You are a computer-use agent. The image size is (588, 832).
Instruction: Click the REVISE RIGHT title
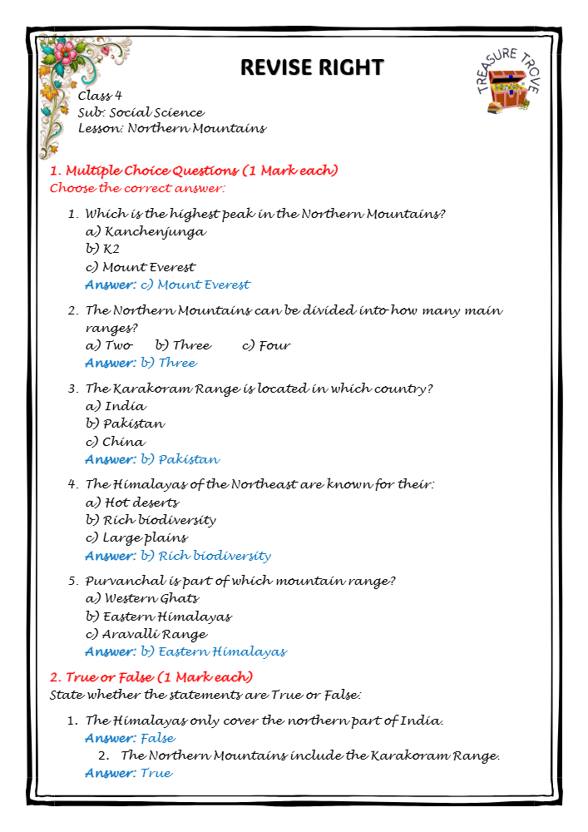pyautogui.click(x=312, y=67)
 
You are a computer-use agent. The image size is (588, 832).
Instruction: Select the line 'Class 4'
pyautogui.click(x=100, y=96)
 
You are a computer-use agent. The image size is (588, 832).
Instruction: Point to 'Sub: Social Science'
pyautogui.click(x=141, y=112)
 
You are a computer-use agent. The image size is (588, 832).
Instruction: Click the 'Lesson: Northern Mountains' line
pyautogui.click(x=172, y=129)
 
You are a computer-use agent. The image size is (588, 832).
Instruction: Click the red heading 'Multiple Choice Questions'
pyautogui.click(x=194, y=171)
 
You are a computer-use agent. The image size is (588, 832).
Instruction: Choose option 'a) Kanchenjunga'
pyautogui.click(x=146, y=232)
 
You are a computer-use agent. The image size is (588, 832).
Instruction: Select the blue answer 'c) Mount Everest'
pyautogui.click(x=203, y=285)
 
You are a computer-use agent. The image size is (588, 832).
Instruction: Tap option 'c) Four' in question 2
pyautogui.click(x=266, y=345)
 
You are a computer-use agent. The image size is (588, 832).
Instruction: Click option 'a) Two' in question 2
pyautogui.click(x=109, y=345)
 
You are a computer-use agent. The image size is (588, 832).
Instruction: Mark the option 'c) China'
pyautogui.click(x=115, y=442)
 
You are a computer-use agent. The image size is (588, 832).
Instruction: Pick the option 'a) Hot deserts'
pyautogui.click(x=132, y=503)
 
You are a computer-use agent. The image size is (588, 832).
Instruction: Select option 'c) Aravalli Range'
pyautogui.click(x=146, y=634)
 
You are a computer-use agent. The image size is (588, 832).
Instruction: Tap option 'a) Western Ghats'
pyautogui.click(x=142, y=598)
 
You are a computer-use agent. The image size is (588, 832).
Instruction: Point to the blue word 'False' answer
pyautogui.click(x=158, y=738)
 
